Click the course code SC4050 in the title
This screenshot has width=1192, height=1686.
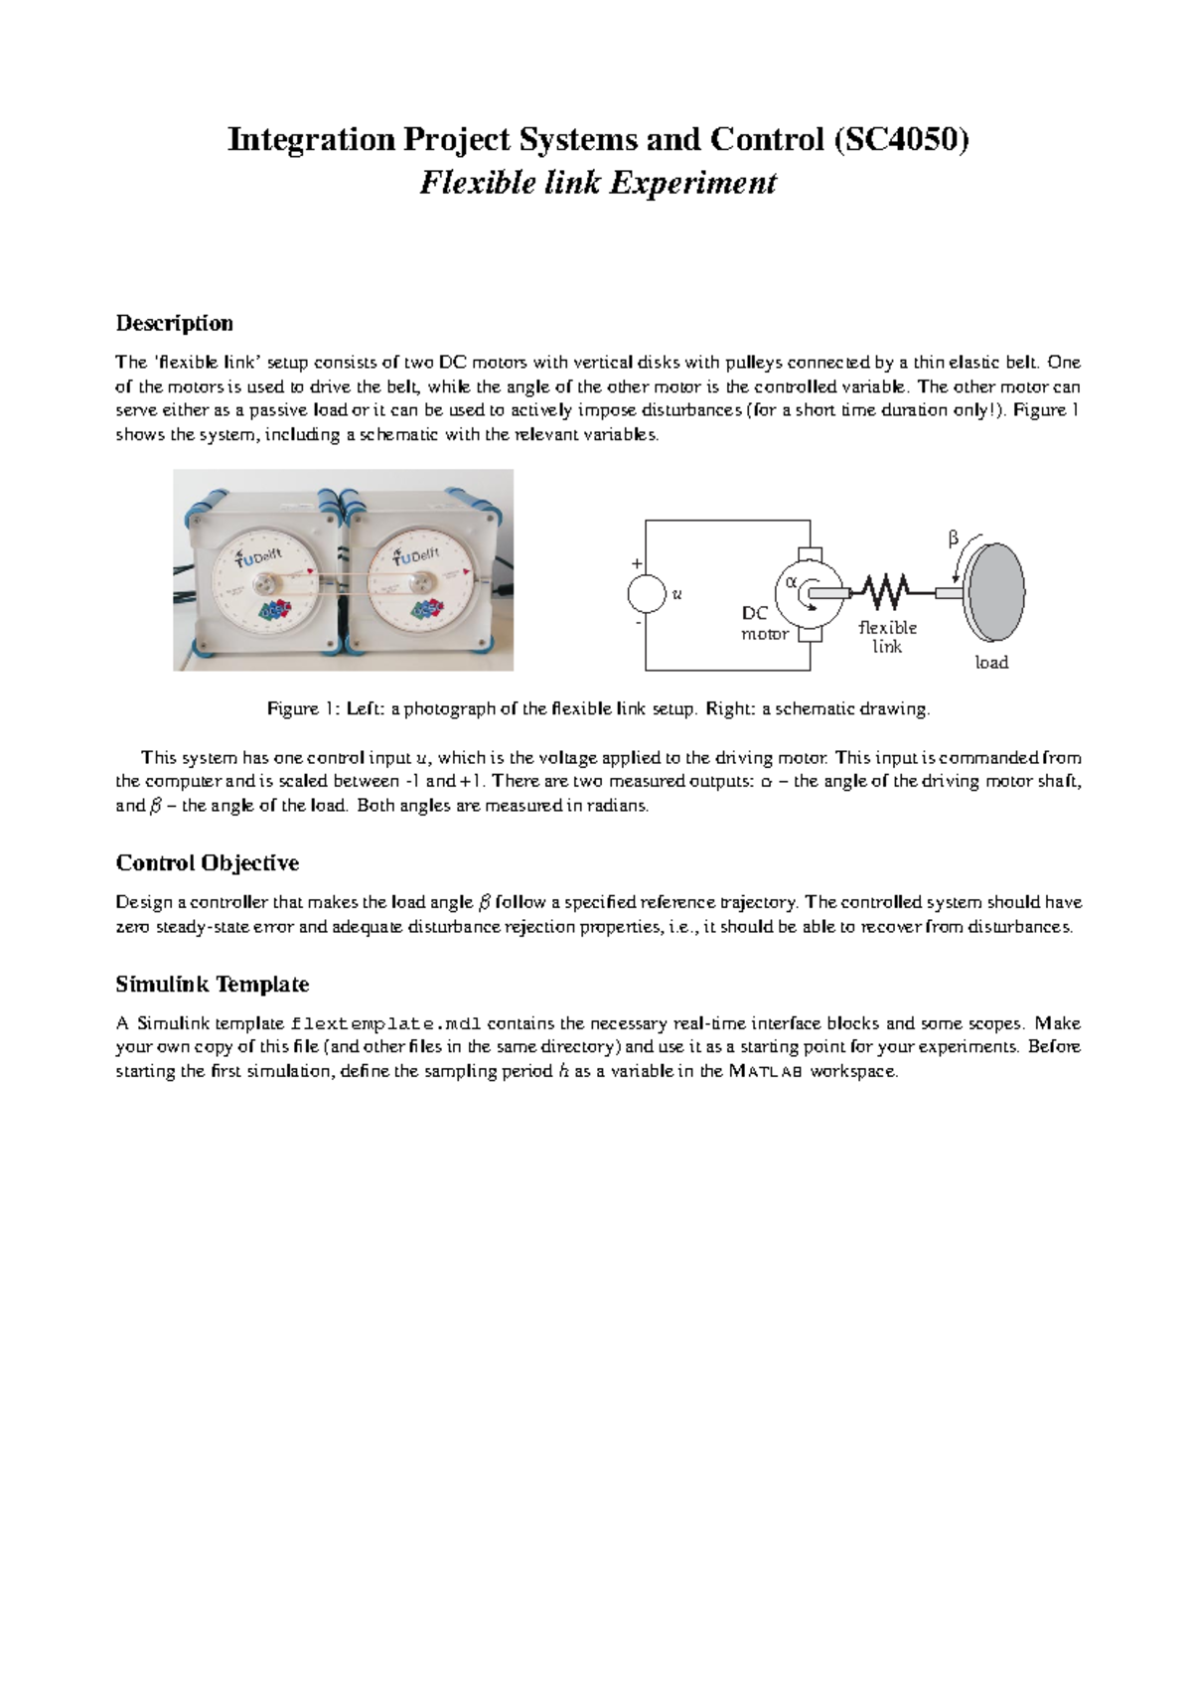pos(901,139)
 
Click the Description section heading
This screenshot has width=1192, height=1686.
pos(174,323)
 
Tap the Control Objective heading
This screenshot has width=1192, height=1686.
pos(207,862)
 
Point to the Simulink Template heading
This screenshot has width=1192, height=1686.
pos(212,985)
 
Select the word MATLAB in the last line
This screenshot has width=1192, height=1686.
pos(766,1072)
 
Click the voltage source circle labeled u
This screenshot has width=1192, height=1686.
pos(646,594)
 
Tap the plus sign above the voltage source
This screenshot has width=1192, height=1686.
pos(637,563)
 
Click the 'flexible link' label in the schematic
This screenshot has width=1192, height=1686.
pos(887,637)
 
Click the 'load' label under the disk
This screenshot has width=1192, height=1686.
pos(991,663)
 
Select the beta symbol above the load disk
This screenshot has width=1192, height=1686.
pos(954,539)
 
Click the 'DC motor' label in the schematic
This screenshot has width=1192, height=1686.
pos(763,624)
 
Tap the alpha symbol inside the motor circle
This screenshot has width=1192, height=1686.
pos(792,582)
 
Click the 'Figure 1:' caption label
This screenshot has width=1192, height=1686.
pos(304,709)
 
